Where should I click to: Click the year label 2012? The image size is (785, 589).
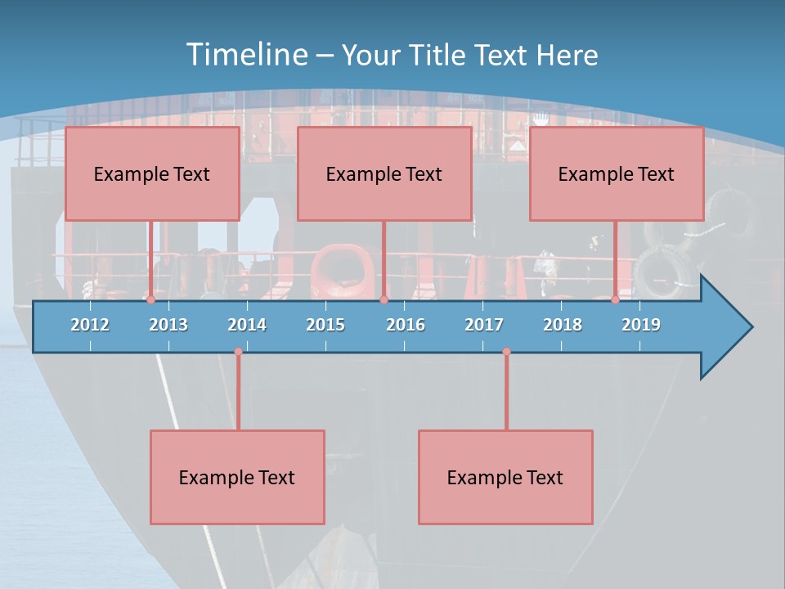pyautogui.click(x=90, y=325)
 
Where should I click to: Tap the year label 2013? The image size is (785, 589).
pyautogui.click(x=168, y=325)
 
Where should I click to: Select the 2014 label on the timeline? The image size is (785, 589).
pyautogui.click(x=247, y=325)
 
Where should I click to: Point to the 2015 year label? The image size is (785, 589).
pyautogui.click(x=325, y=325)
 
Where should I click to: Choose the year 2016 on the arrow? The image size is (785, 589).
pyautogui.click(x=406, y=325)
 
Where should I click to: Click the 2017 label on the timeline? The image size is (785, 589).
pyautogui.click(x=484, y=325)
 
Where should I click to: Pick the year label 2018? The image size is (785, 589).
pyautogui.click(x=563, y=325)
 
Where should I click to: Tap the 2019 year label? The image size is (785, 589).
pyautogui.click(x=641, y=325)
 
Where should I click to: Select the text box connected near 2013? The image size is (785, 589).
pyautogui.click(x=152, y=173)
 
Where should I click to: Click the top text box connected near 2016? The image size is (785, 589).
pyautogui.click(x=384, y=173)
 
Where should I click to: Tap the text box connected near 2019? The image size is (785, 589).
pyautogui.click(x=617, y=173)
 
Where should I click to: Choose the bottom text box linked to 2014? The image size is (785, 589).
pyautogui.click(x=237, y=477)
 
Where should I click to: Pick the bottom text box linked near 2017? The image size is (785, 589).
pyautogui.click(x=505, y=477)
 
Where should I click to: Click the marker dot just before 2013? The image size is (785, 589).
pyautogui.click(x=151, y=300)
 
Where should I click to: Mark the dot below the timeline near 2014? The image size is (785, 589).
pyautogui.click(x=238, y=352)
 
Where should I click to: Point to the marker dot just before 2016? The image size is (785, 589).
pyautogui.click(x=384, y=300)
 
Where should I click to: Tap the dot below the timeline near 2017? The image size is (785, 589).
pyautogui.click(x=506, y=352)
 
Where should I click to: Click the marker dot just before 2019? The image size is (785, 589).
pyautogui.click(x=616, y=300)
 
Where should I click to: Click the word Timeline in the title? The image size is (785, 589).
pyautogui.click(x=245, y=55)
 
